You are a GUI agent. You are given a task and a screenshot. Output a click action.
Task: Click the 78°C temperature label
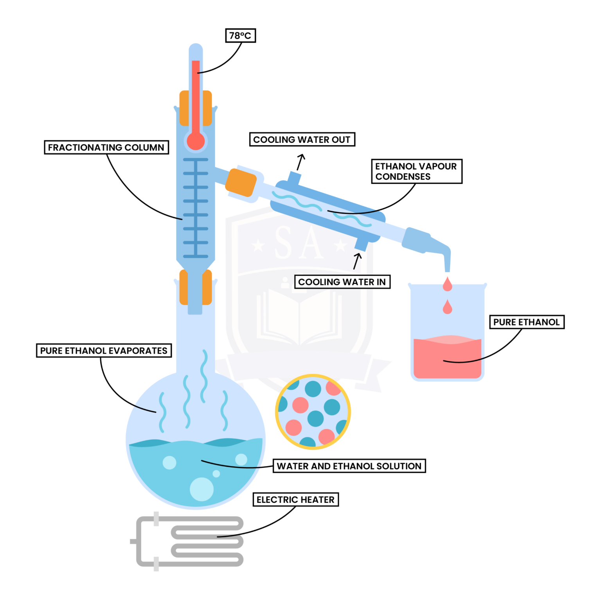(x=240, y=36)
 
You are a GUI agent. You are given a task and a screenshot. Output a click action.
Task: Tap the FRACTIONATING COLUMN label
(x=106, y=148)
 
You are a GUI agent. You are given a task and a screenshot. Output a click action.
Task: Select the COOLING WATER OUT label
(x=302, y=140)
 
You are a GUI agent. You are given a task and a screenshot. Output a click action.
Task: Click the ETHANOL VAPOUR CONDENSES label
(x=416, y=171)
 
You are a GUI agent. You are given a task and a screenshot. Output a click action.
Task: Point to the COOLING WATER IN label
(x=342, y=282)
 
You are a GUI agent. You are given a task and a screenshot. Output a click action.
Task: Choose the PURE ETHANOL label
(x=526, y=322)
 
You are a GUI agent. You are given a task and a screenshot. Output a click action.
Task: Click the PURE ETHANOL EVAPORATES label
(x=104, y=351)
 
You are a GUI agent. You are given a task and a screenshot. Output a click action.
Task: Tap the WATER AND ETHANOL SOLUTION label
(x=349, y=466)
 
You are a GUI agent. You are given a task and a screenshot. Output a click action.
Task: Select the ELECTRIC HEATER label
(x=295, y=500)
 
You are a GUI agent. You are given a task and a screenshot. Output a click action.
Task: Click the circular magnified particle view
(x=313, y=411)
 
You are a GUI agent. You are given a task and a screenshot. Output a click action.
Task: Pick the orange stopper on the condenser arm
(x=241, y=182)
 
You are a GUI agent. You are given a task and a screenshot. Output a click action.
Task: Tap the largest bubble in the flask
(x=202, y=489)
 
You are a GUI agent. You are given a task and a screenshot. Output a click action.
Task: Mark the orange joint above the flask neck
(x=196, y=287)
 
